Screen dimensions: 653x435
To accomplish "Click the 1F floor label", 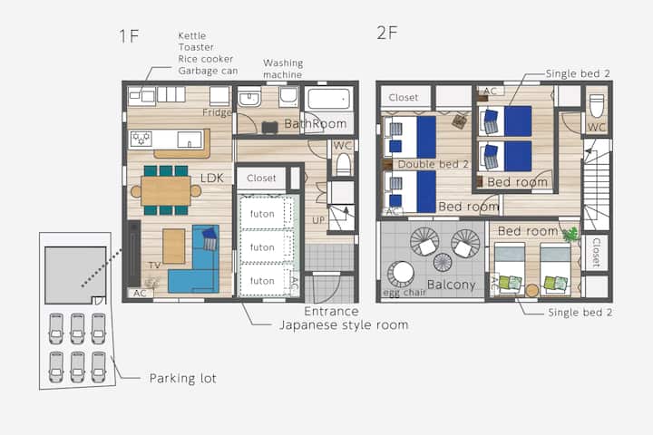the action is pos(129,36).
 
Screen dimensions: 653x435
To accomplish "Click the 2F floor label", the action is pos(387,33).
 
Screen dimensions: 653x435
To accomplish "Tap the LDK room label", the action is pos(212,179).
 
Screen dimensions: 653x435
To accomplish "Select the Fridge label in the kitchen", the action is pos(217,112).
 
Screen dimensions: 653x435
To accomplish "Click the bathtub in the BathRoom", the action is pos(329,99).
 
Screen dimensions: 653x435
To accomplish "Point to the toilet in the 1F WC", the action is pos(343,165).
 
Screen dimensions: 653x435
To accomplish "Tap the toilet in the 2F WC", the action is pos(597,106).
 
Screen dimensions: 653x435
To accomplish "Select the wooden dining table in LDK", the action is pos(166,191).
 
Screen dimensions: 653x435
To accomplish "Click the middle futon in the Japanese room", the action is pos(262,247).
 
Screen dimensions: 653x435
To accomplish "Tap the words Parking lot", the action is pos(183,379).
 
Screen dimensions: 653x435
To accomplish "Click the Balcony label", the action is pos(451,285).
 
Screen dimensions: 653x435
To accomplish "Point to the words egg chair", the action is pos(404,293).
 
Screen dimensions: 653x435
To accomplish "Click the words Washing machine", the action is pos(283,69).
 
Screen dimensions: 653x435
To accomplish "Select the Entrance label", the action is pos(331,312).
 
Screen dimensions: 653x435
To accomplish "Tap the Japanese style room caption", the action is pos(344,325).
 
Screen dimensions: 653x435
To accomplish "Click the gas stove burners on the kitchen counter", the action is pos(141,138).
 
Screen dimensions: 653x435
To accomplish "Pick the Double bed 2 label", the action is pos(434,164).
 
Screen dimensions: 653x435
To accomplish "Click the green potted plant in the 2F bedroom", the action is pos(570,235).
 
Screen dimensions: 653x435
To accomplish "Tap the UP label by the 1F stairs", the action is pos(318,220).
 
